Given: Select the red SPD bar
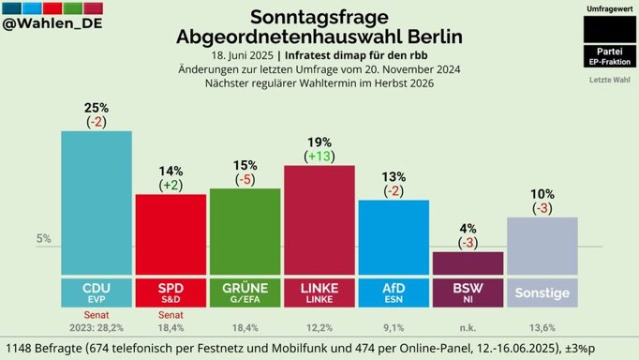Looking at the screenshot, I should [x=170, y=234].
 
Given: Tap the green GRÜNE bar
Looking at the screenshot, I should [x=245, y=231].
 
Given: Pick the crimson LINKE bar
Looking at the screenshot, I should [x=319, y=220].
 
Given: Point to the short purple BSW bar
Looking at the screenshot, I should [x=468, y=263].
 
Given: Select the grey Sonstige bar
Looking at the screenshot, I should [x=542, y=246].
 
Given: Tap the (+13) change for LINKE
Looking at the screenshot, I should [x=319, y=157].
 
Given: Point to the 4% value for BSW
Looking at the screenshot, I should [x=468, y=227].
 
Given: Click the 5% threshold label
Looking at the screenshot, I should [x=43, y=239].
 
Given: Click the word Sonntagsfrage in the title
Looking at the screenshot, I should [x=319, y=16].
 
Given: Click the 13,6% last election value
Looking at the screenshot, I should [x=542, y=327].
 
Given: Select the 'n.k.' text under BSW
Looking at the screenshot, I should [x=468, y=327].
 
